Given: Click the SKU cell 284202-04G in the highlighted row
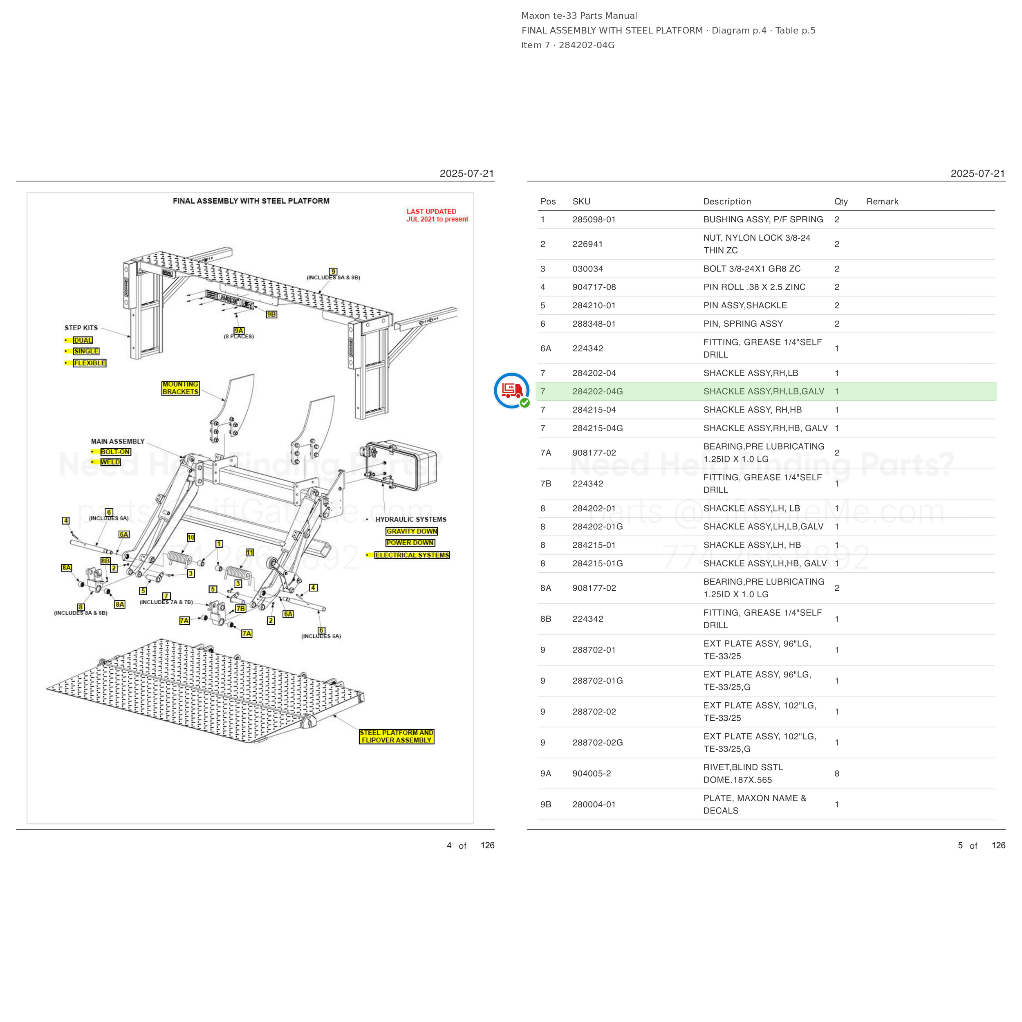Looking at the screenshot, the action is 597,392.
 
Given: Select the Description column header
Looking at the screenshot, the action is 727,202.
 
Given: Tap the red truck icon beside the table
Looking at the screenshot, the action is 511,391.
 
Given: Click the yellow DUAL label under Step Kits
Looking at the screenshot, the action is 83,340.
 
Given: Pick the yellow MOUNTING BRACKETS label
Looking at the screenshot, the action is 180,388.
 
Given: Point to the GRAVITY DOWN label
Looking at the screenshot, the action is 412,531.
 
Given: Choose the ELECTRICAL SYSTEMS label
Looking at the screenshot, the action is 412,555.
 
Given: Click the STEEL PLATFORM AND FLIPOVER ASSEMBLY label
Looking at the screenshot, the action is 397,736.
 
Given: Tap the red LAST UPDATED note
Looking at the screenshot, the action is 437,215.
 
